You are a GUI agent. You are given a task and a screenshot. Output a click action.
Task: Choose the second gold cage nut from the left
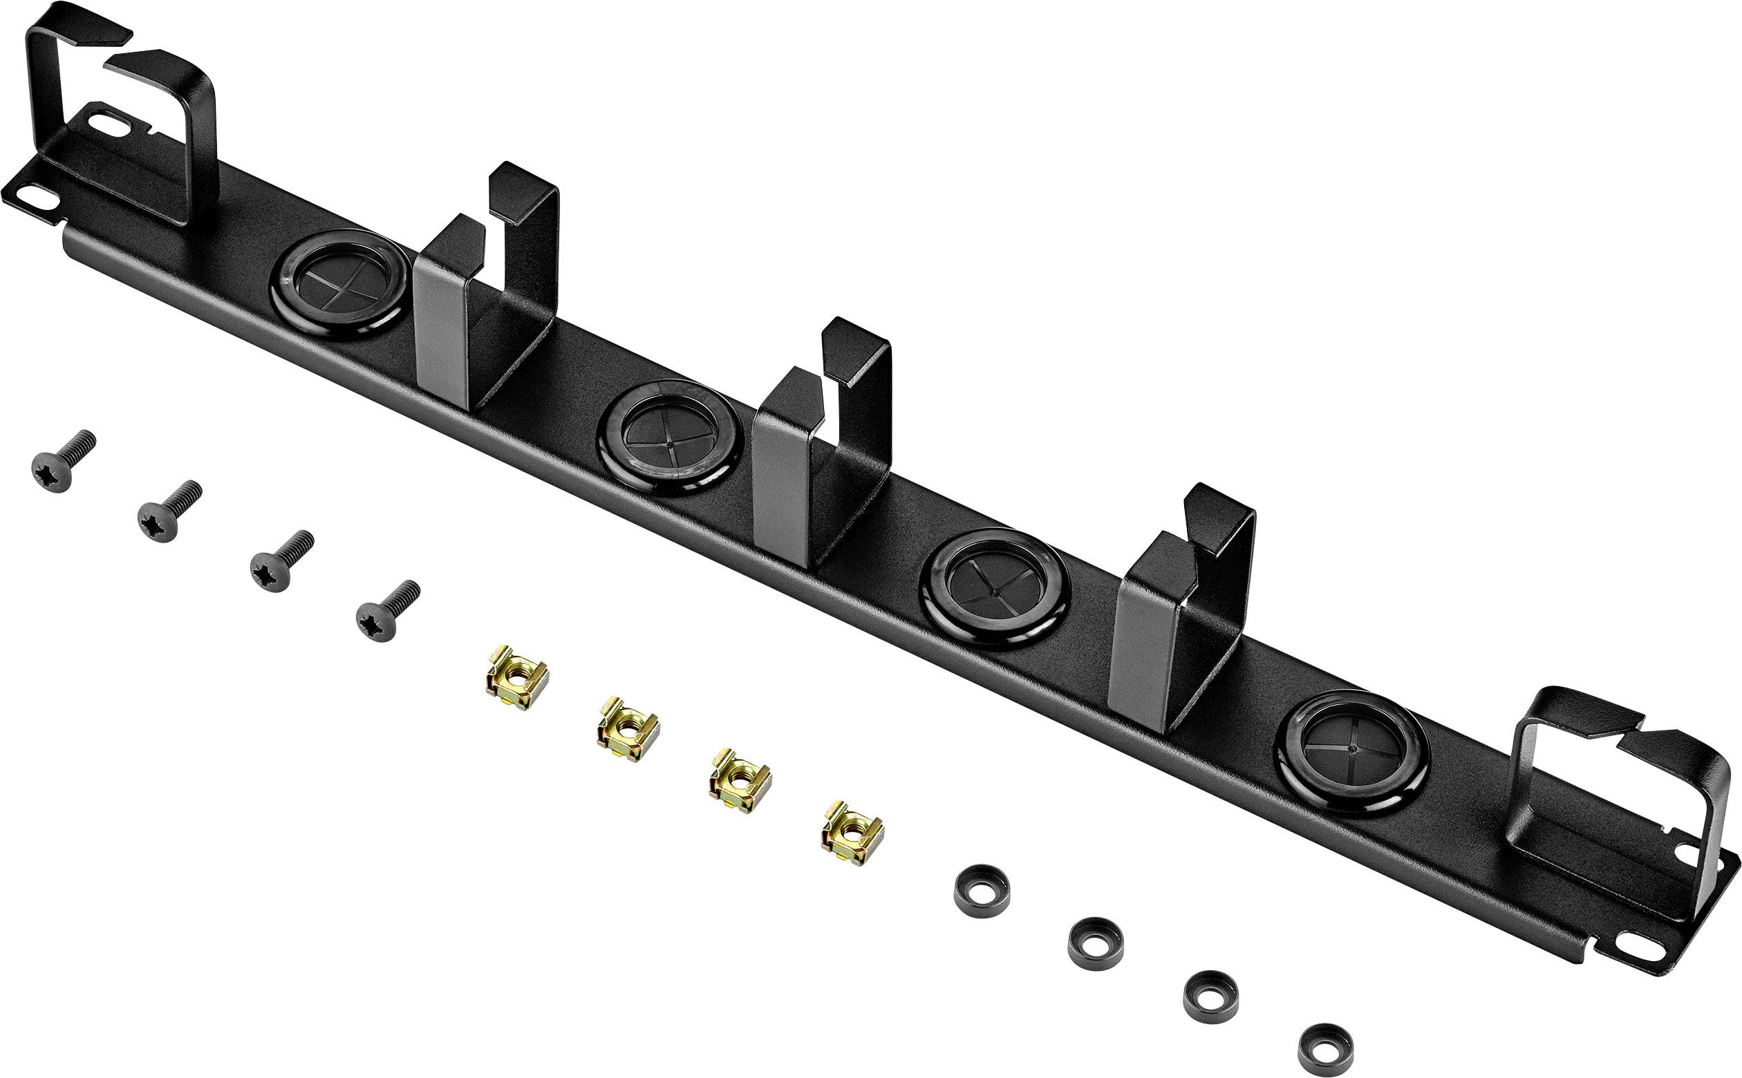628,728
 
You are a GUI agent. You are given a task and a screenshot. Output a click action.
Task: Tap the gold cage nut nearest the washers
852,833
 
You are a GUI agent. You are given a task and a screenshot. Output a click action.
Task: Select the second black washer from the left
1095,943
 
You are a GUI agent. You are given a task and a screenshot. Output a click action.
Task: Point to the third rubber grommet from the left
994,588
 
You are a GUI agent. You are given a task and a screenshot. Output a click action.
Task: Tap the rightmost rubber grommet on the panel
1352,754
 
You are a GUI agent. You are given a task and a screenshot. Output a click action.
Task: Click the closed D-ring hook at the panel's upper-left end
121,121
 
